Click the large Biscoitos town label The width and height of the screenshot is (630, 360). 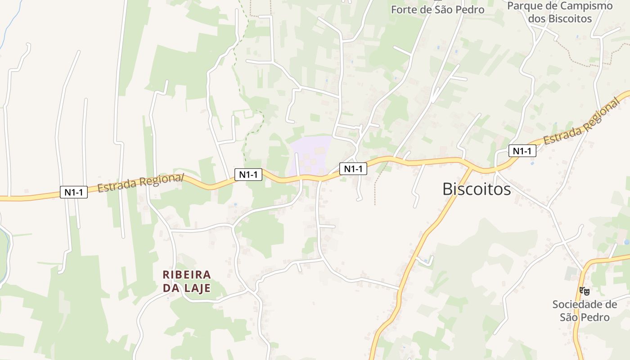click(477, 189)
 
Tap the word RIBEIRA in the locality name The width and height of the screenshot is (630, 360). click(187, 274)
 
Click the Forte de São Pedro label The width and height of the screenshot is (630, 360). click(437, 9)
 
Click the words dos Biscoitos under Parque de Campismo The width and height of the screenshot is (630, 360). click(560, 19)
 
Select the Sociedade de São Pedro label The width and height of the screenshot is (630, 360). click(585, 310)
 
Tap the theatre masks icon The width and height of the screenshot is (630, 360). click(584, 291)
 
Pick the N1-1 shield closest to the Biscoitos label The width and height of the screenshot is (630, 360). click(522, 151)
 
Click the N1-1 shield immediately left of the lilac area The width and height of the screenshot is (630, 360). click(248, 174)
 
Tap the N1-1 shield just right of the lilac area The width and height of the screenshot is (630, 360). click(353, 169)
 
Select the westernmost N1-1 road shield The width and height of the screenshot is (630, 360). click(74, 192)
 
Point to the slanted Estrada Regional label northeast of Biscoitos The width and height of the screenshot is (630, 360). click(582, 123)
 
